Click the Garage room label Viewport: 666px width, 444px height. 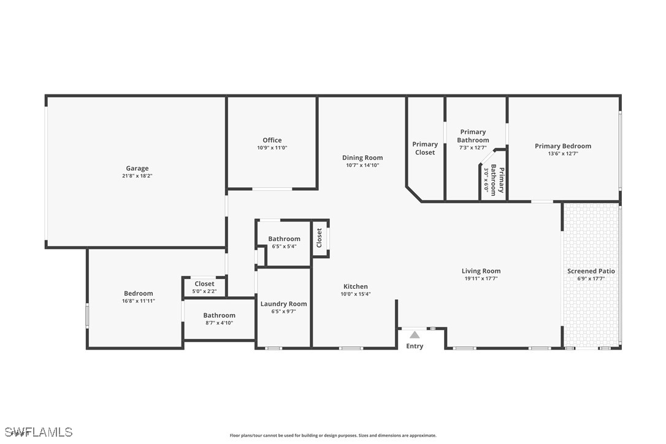(x=137, y=168)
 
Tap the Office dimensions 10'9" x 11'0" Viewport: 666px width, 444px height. (x=272, y=148)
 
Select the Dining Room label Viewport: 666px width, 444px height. (x=362, y=158)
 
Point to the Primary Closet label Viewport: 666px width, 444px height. (x=425, y=148)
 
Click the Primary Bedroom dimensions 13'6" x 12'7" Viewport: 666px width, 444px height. (x=563, y=154)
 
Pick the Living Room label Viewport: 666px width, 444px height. (x=481, y=271)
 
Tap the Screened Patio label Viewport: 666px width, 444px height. (x=591, y=271)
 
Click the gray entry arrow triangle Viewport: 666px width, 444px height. (x=415, y=335)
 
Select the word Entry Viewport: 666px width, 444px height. (x=415, y=346)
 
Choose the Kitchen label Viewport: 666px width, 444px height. (x=356, y=286)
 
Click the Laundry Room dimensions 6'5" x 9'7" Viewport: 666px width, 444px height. (x=284, y=312)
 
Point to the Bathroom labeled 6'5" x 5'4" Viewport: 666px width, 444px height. (x=284, y=239)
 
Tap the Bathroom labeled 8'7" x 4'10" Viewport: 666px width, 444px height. (x=219, y=315)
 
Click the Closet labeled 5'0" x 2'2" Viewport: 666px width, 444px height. (x=204, y=284)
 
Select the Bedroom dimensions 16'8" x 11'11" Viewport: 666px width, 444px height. (x=139, y=301)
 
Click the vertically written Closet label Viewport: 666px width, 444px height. (x=320, y=238)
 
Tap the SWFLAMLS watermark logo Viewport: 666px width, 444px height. (x=39, y=432)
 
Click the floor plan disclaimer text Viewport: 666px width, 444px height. (x=333, y=435)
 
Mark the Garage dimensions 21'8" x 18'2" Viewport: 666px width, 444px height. (x=137, y=176)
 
